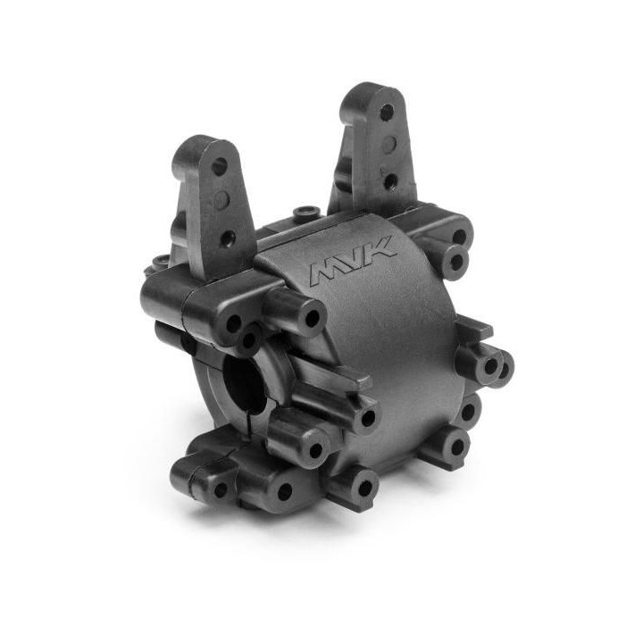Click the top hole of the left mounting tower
point(220,166)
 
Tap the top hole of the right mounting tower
point(387,111)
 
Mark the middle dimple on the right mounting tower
point(388,143)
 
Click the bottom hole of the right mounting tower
point(390,180)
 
